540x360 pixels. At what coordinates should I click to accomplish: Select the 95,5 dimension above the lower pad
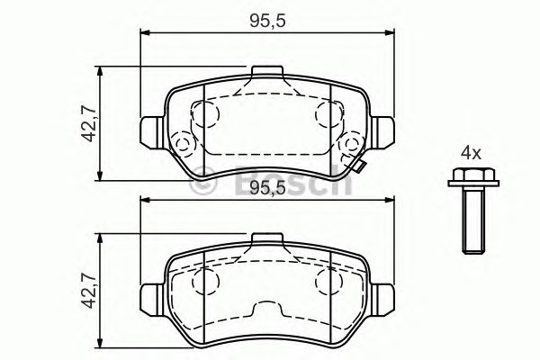[x=267, y=188]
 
